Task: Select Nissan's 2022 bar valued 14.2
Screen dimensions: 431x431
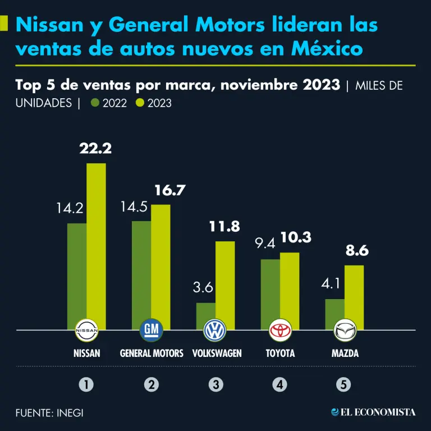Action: [77, 276]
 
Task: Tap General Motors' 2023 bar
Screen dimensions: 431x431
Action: [161, 267]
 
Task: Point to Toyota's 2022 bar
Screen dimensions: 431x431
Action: [270, 294]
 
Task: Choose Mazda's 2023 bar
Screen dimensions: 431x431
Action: [354, 297]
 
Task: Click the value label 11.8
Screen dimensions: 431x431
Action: [224, 227]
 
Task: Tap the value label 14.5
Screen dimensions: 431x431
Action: [134, 207]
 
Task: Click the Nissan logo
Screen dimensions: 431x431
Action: [86, 330]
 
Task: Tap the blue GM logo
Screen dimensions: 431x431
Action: [151, 330]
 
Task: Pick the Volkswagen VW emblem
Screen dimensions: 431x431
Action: [215, 330]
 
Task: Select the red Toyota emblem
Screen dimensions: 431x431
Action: [280, 330]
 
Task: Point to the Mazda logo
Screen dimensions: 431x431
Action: [344, 330]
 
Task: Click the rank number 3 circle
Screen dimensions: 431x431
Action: [215, 384]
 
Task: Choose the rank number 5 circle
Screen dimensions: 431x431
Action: [344, 384]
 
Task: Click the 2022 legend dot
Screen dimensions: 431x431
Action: [95, 103]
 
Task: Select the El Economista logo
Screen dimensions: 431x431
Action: [373, 412]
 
